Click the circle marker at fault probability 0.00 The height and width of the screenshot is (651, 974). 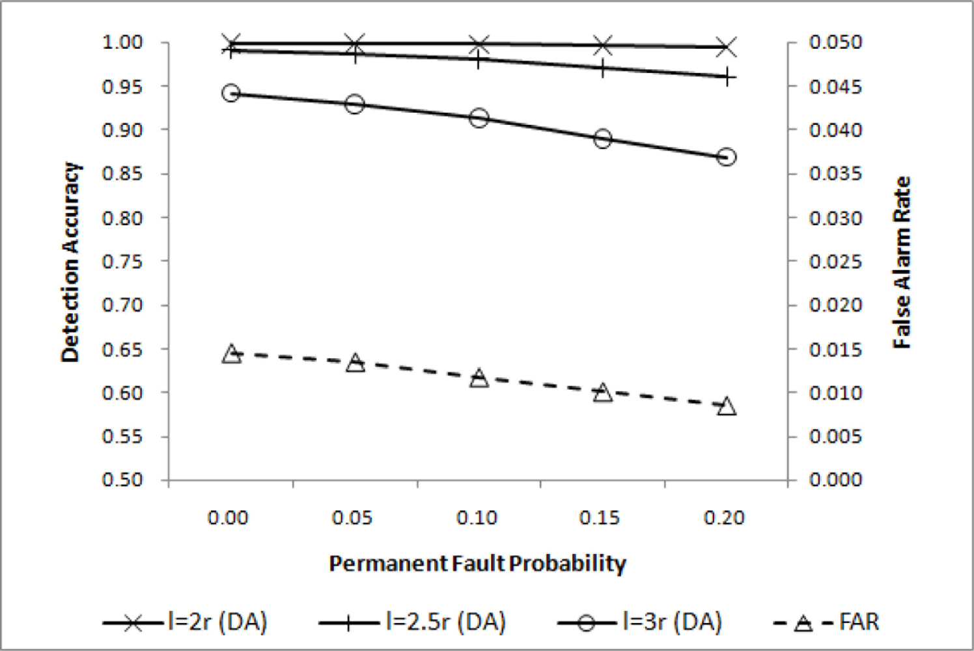(x=230, y=93)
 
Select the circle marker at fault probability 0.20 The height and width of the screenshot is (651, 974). (x=727, y=157)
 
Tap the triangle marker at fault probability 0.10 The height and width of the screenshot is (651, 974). (x=479, y=378)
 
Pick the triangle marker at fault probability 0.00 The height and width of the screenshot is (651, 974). (x=231, y=355)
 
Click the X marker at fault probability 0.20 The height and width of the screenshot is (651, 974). (x=727, y=47)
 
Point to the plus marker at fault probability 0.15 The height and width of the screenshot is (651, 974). (x=603, y=68)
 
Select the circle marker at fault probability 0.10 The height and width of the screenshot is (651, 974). (x=479, y=118)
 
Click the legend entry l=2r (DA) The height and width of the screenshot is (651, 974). (x=185, y=622)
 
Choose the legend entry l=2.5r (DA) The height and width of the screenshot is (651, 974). (x=413, y=622)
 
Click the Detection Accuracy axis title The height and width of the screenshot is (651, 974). (x=70, y=262)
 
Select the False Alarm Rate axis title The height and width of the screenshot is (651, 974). (x=902, y=262)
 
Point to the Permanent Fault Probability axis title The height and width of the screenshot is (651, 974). (x=477, y=563)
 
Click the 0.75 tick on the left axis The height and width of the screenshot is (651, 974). (x=122, y=261)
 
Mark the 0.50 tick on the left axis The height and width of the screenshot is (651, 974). (x=122, y=480)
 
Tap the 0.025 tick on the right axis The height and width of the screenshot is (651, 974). (x=835, y=261)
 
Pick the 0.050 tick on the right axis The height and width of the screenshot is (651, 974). (x=835, y=42)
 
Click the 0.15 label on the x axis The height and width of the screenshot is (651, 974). (x=600, y=518)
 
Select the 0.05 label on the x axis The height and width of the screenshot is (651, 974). (x=352, y=518)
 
